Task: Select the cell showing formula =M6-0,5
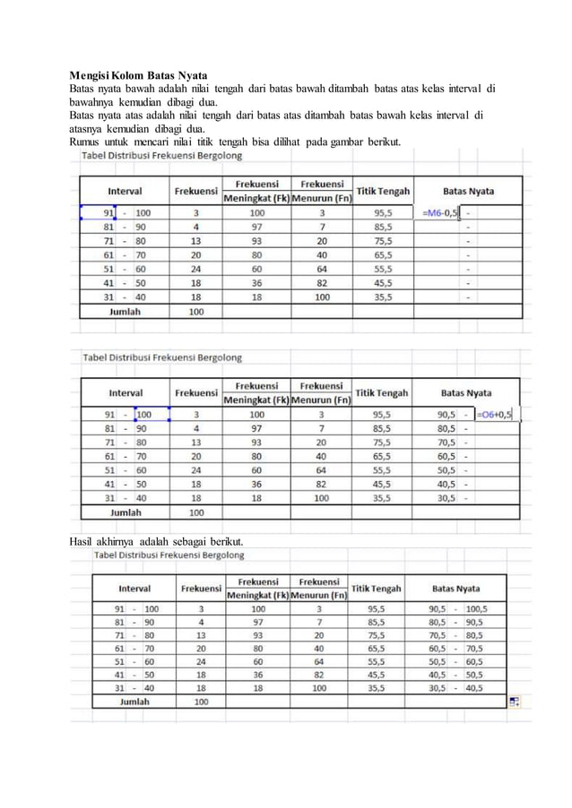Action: pos(439,213)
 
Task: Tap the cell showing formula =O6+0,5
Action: pos(495,414)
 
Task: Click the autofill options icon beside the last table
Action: pos(515,702)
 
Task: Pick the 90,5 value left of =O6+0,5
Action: pos(446,414)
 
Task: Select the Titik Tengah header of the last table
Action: pos(377,589)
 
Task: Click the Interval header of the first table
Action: pos(125,191)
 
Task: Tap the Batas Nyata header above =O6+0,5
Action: pos(468,391)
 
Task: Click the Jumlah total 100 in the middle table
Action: pos(195,512)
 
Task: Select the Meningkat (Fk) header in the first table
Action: pos(256,198)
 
